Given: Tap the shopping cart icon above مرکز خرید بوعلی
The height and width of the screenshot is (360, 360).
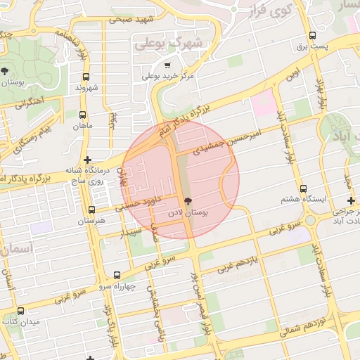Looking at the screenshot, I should point(167,65).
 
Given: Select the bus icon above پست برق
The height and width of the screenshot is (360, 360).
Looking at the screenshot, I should point(312,35).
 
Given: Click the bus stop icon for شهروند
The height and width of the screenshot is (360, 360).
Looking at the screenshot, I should point(86,77).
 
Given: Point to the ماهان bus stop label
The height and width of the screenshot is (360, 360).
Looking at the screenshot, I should point(82,127).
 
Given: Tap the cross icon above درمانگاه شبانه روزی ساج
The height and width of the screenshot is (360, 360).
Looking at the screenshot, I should point(87,160).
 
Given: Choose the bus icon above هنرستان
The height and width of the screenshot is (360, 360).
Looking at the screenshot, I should point(91,210).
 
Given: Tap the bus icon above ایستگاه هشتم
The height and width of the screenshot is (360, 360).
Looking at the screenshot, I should point(303,188).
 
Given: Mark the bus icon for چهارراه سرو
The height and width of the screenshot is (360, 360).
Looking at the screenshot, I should point(117,276).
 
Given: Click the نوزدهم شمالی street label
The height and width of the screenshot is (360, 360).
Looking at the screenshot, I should point(323,324).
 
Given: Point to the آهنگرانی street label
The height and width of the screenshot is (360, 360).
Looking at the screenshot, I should point(29,103).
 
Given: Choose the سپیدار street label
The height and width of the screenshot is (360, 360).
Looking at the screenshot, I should point(131,232).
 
